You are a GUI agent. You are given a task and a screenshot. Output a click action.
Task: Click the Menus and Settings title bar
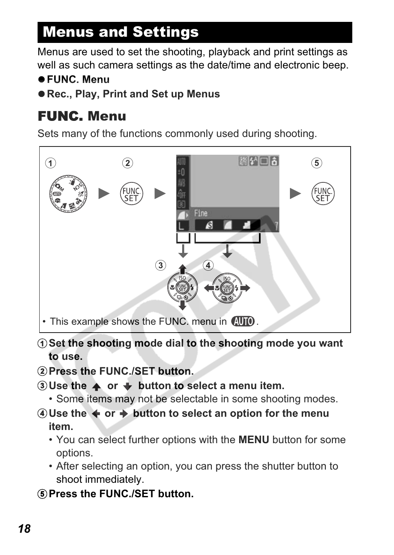coord(195,32)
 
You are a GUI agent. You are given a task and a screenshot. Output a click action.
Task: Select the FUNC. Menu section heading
coord(82,116)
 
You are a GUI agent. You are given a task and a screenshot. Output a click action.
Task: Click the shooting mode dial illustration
coord(68,194)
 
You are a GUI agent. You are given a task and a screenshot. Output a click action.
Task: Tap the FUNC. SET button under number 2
coord(131,194)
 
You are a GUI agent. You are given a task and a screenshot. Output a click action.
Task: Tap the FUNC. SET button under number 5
coord(323,194)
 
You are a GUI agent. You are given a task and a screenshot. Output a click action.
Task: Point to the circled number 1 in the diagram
coord(50,163)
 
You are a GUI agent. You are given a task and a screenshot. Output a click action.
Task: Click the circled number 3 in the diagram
coord(161,265)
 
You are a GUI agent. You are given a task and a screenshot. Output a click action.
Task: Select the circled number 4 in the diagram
coord(208,265)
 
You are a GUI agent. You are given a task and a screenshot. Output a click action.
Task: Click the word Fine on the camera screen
coord(201,213)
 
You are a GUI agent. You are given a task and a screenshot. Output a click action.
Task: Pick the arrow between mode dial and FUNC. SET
coord(104,194)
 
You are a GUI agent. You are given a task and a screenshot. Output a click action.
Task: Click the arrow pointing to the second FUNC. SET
coord(295,194)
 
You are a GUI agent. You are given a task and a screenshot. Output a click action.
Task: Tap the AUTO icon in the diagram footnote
coord(243,321)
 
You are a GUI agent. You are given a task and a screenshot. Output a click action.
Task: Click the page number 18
coord(24,529)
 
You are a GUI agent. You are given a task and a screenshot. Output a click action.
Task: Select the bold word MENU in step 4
coord(254,440)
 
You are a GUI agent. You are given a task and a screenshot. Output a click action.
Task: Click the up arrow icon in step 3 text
coord(97,387)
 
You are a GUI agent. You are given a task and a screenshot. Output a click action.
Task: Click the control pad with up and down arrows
coord(183,288)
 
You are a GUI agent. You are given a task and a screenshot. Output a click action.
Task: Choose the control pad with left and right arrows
coord(227,288)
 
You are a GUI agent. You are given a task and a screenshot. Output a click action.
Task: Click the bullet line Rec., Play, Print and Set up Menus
coord(133,94)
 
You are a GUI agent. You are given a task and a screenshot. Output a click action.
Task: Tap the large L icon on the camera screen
coord(182,226)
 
